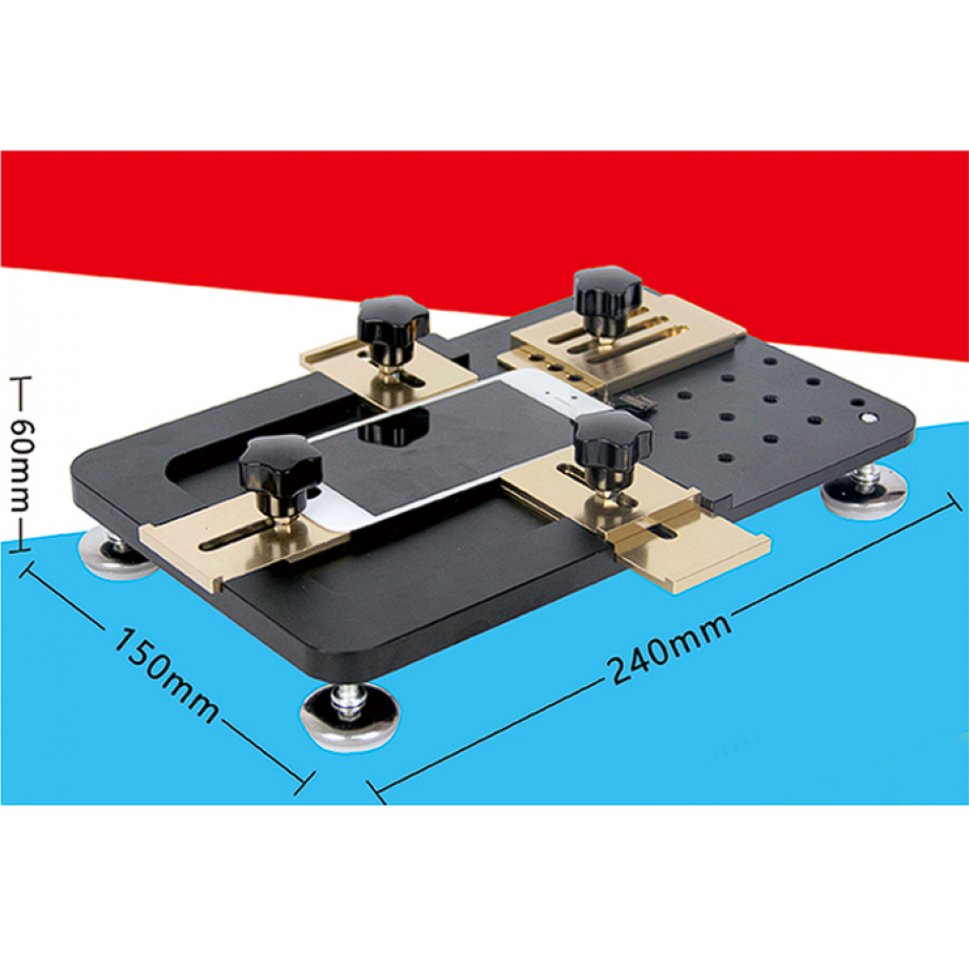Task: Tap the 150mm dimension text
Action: (x=166, y=676)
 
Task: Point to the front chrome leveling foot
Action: (x=349, y=717)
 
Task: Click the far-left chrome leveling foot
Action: (x=115, y=548)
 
